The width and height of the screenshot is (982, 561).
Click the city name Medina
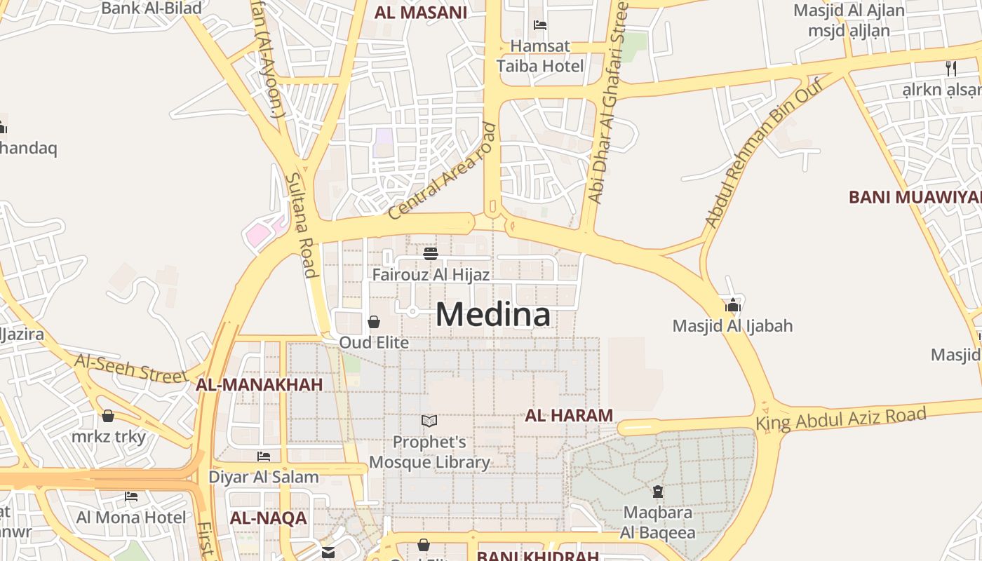(493, 314)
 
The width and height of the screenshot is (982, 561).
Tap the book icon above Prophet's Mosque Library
(429, 421)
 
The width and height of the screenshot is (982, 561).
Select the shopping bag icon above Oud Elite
(374, 322)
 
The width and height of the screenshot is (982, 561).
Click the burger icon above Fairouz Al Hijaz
(431, 253)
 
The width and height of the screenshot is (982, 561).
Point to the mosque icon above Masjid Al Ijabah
(733, 305)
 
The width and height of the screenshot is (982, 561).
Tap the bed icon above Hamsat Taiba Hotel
(540, 25)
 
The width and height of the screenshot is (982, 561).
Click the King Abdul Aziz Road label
(840, 419)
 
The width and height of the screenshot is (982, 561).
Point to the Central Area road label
(442, 172)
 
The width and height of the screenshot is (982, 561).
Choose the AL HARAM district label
(569, 415)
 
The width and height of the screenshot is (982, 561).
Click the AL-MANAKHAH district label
(259, 384)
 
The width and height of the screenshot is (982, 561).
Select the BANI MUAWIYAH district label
(915, 197)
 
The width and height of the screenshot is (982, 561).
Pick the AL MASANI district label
(420, 12)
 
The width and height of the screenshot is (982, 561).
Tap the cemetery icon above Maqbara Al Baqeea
(658, 492)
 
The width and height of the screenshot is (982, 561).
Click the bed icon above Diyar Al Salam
(264, 457)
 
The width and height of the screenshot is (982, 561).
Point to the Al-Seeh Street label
(131, 368)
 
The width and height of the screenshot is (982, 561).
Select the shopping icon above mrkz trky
(108, 416)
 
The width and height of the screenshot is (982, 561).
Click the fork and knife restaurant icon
(951, 68)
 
